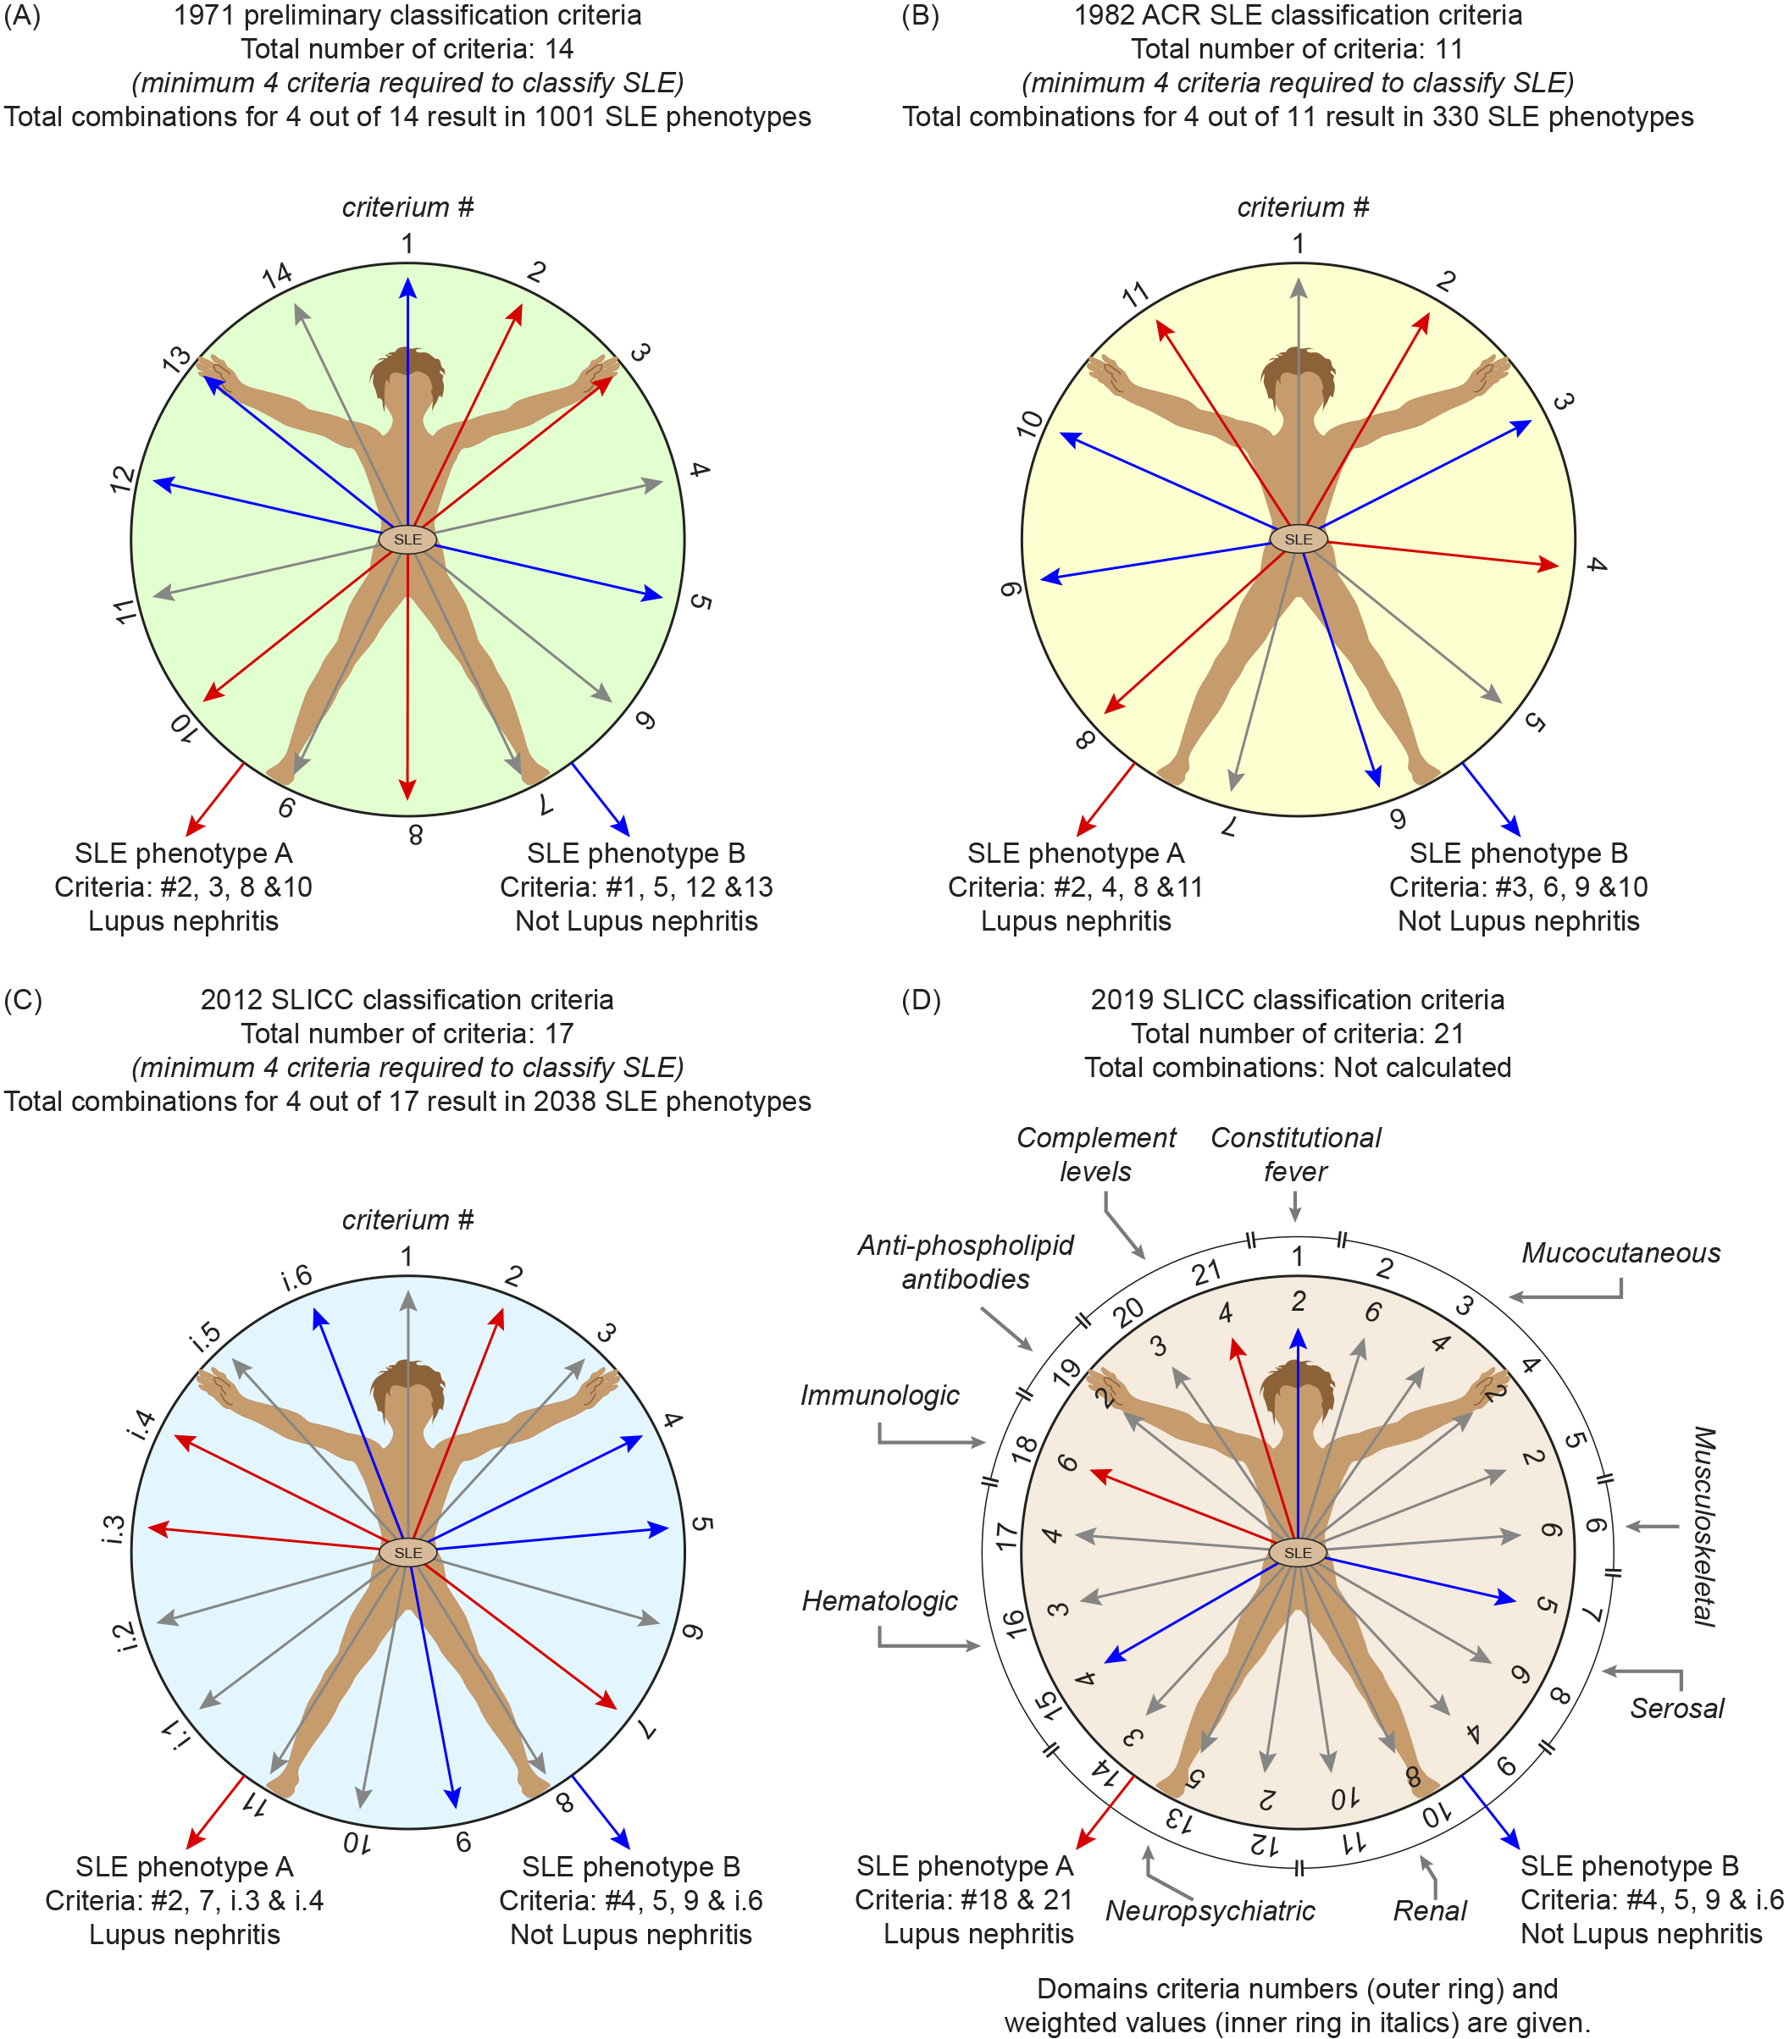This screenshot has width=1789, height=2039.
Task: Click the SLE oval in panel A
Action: point(407,539)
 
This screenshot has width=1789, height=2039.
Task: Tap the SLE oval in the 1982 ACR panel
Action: point(1297,539)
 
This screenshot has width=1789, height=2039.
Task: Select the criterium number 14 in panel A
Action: point(277,274)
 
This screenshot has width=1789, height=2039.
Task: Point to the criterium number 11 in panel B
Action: point(1135,295)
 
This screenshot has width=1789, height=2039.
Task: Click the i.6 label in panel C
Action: point(296,1278)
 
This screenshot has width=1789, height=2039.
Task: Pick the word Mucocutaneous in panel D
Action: point(1620,1253)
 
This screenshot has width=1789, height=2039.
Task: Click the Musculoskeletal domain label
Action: point(1704,1526)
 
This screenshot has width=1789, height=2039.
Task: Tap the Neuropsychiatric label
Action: point(1210,1910)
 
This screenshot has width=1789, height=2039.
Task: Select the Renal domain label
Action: point(1429,1910)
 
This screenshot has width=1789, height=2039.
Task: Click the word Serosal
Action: point(1676,1708)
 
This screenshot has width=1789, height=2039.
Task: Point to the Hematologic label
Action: point(879,1600)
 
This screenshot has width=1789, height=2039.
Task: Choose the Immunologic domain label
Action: point(879,1395)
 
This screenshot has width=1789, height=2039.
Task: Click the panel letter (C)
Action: point(22,999)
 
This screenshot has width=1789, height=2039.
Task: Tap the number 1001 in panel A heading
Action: point(565,117)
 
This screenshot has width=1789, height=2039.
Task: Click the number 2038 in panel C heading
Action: point(565,1102)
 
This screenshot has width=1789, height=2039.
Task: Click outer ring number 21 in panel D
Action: point(1206,1273)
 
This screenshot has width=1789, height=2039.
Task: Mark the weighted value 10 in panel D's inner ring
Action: point(1344,1798)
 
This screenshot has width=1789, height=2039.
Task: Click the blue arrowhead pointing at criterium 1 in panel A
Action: point(407,288)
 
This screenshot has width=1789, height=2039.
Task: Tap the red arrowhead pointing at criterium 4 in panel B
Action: point(1548,565)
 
